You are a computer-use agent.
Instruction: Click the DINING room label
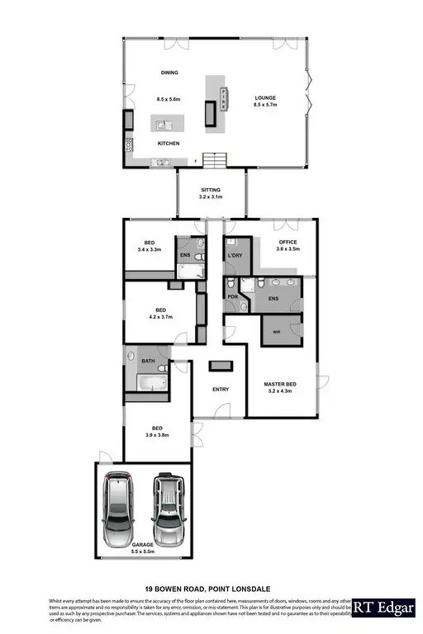[169, 73]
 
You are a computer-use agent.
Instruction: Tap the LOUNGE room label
[264, 96]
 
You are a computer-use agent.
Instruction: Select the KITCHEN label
[169, 144]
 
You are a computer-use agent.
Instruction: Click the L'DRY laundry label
[235, 256]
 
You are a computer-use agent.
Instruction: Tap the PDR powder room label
[232, 296]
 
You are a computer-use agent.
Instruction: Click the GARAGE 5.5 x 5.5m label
[143, 548]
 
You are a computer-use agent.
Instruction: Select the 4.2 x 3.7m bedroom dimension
[161, 317]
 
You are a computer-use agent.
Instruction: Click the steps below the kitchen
[215, 158]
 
